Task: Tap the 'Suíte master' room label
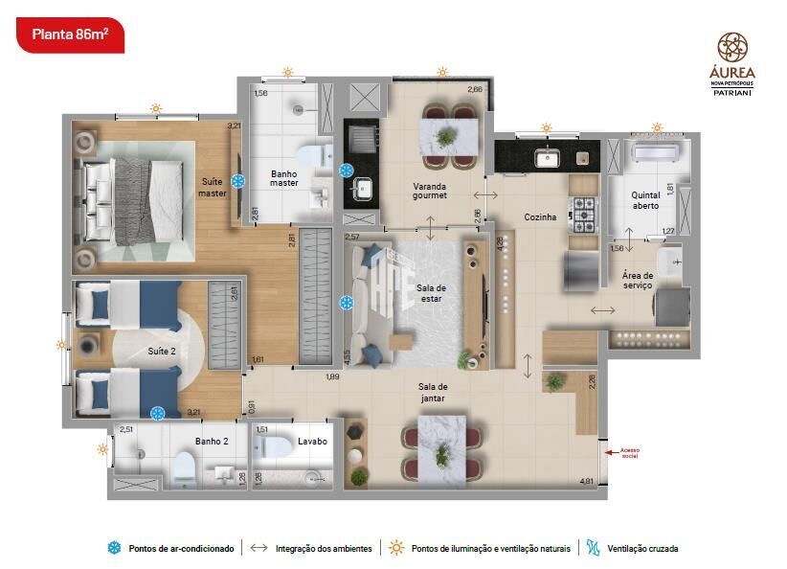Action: [213, 187]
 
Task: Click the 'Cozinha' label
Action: [540, 217]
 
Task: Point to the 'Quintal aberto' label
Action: [645, 200]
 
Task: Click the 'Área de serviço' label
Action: [637, 281]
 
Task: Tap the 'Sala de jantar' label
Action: [433, 393]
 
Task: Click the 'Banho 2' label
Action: [211, 442]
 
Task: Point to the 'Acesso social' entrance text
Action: [629, 452]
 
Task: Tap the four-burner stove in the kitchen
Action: [583, 215]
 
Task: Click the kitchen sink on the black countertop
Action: [549, 158]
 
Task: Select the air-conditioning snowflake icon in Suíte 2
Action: [157, 413]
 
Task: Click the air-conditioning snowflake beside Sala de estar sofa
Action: [347, 304]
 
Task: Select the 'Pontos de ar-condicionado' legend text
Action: [181, 549]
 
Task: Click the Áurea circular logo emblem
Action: [732, 47]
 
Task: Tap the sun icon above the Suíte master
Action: [155, 108]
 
